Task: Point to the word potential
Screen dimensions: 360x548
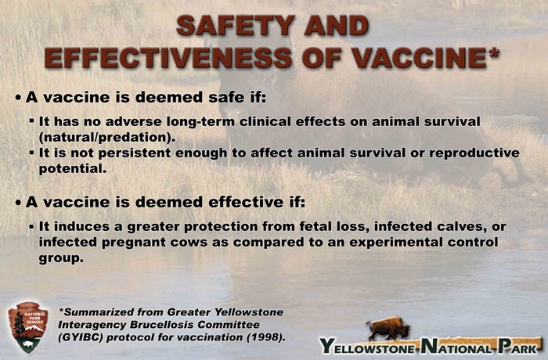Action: point(71,167)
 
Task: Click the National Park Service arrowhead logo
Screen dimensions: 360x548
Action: point(27,327)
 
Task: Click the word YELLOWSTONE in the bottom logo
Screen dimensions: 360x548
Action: point(367,345)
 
